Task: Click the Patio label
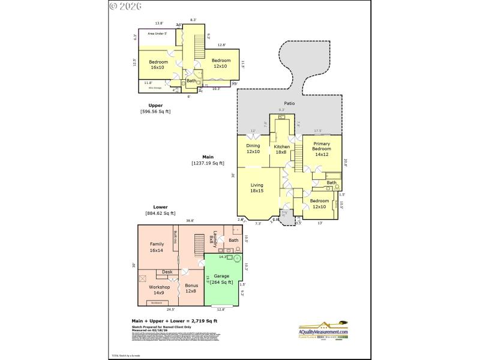289,103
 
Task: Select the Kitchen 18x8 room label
281,149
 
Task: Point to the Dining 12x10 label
253,149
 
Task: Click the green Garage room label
222,279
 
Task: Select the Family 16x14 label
157,247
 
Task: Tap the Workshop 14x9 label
159,290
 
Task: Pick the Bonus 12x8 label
191,288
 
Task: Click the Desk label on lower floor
167,272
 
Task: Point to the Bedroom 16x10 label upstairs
158,65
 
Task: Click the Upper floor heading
155,105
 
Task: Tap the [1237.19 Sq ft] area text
208,163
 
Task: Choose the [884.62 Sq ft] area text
160,213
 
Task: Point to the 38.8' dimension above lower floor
190,221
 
